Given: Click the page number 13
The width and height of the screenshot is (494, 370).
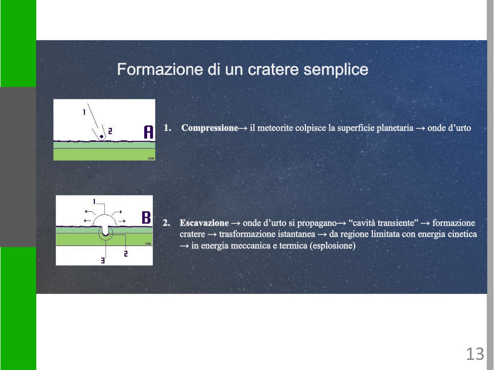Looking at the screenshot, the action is point(475,354).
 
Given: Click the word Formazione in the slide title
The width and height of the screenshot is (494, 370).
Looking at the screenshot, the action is point(160,69).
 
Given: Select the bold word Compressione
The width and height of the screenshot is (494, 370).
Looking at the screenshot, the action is point(209,128).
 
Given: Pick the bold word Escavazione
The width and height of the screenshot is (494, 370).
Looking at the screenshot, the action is point(204,223).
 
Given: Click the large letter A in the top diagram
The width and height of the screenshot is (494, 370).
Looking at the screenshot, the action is point(149,132).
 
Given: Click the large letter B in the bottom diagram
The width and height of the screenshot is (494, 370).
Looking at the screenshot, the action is point(146,217).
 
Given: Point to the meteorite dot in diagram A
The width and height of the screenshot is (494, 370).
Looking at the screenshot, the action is point(101,137).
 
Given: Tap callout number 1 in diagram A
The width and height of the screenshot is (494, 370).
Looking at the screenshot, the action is point(84,112).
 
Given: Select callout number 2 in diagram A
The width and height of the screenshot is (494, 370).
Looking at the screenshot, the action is point(110,131).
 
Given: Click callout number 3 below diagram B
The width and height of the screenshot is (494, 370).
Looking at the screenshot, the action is point(103,260).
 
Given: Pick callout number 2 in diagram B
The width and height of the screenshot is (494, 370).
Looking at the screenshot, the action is point(126,254).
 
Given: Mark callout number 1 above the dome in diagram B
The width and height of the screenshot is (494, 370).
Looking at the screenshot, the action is point(94,201).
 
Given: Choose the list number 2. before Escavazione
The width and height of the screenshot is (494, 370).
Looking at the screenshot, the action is point(166,223).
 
